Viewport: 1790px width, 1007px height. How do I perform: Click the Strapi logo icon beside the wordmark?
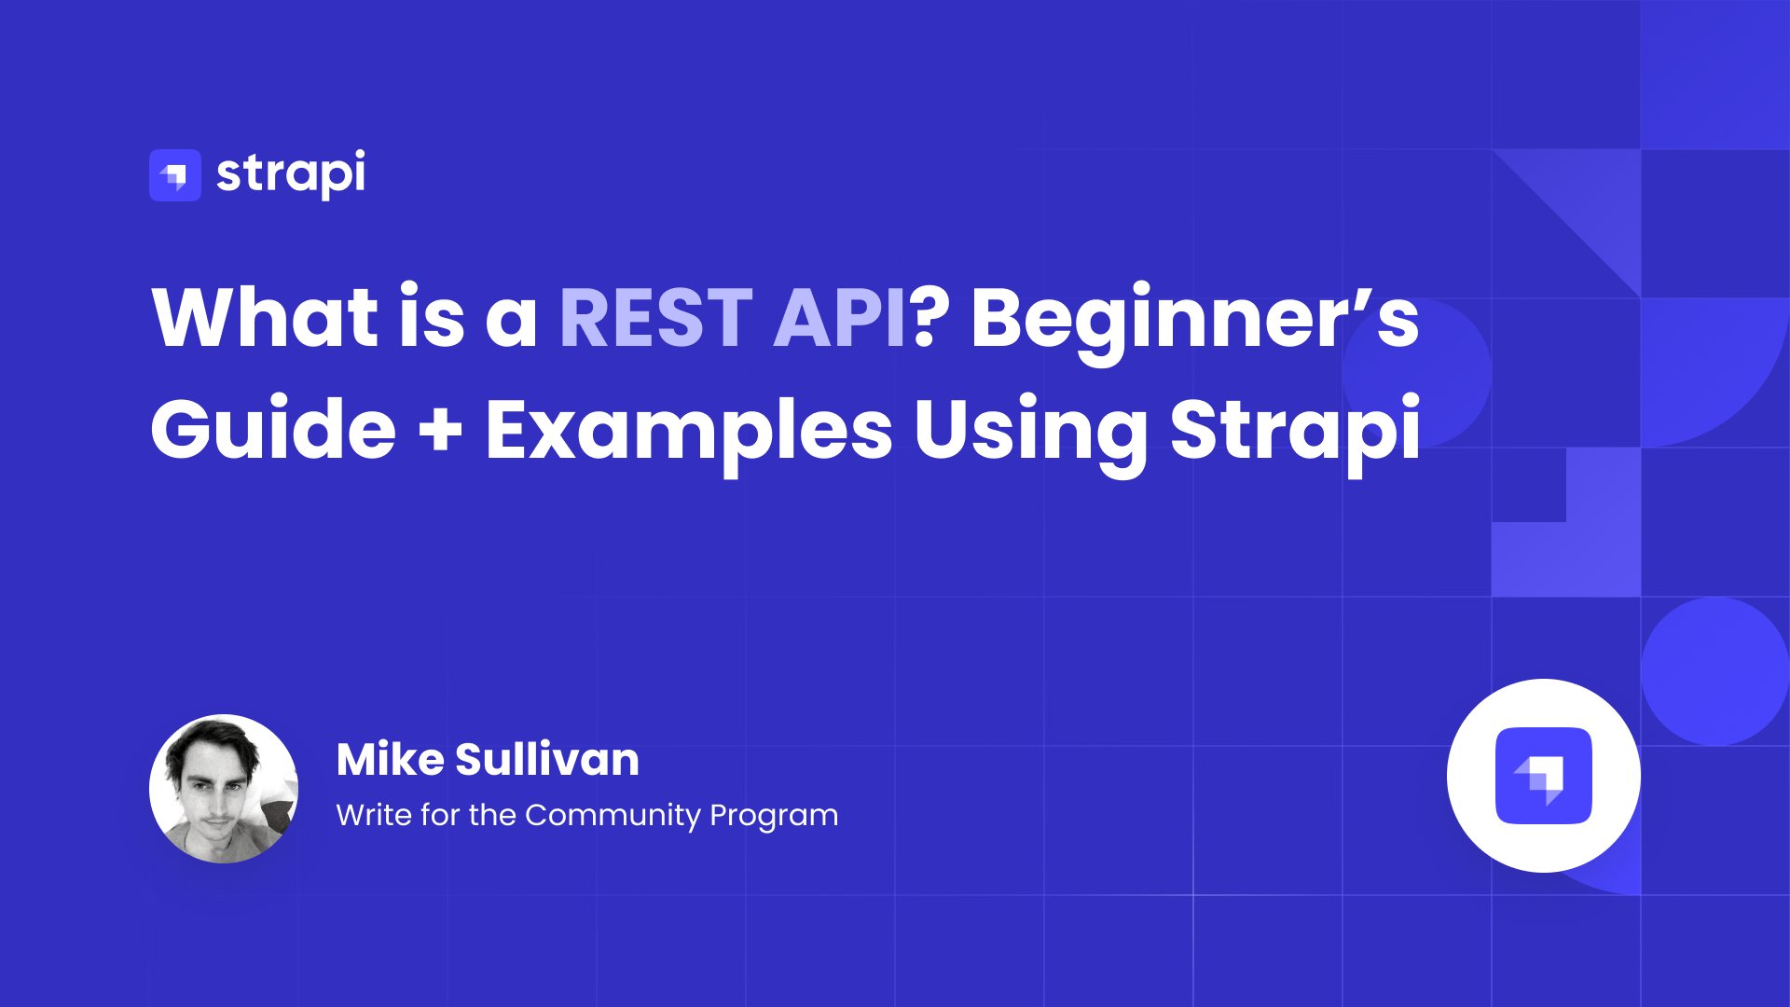[x=175, y=175]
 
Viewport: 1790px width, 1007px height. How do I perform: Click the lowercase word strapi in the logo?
[x=291, y=174]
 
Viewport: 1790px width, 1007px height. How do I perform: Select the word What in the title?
[x=265, y=317]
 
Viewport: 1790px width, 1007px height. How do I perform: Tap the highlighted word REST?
[x=655, y=318]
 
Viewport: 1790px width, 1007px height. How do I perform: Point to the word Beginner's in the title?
[x=1195, y=323]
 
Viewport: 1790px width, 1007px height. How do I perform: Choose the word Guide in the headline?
[x=273, y=430]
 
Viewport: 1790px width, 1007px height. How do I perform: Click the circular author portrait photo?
[x=224, y=789]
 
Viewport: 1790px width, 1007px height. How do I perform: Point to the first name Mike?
[x=390, y=759]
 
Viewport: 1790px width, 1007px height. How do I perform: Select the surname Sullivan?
[x=547, y=759]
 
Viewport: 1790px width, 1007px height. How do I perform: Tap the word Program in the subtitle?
[x=774, y=817]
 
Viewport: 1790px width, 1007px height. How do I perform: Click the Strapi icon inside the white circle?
[x=1544, y=776]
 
